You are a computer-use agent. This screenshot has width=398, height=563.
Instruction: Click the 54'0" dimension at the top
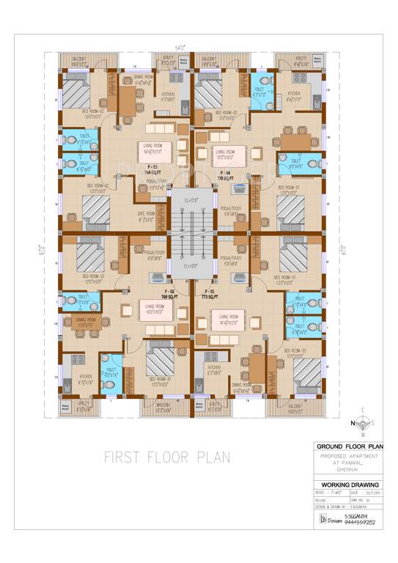pos(179,47)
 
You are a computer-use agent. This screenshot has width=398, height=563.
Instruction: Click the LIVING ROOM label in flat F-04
pos(224,152)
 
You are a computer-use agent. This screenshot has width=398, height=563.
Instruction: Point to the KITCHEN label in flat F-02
pos(86,379)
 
